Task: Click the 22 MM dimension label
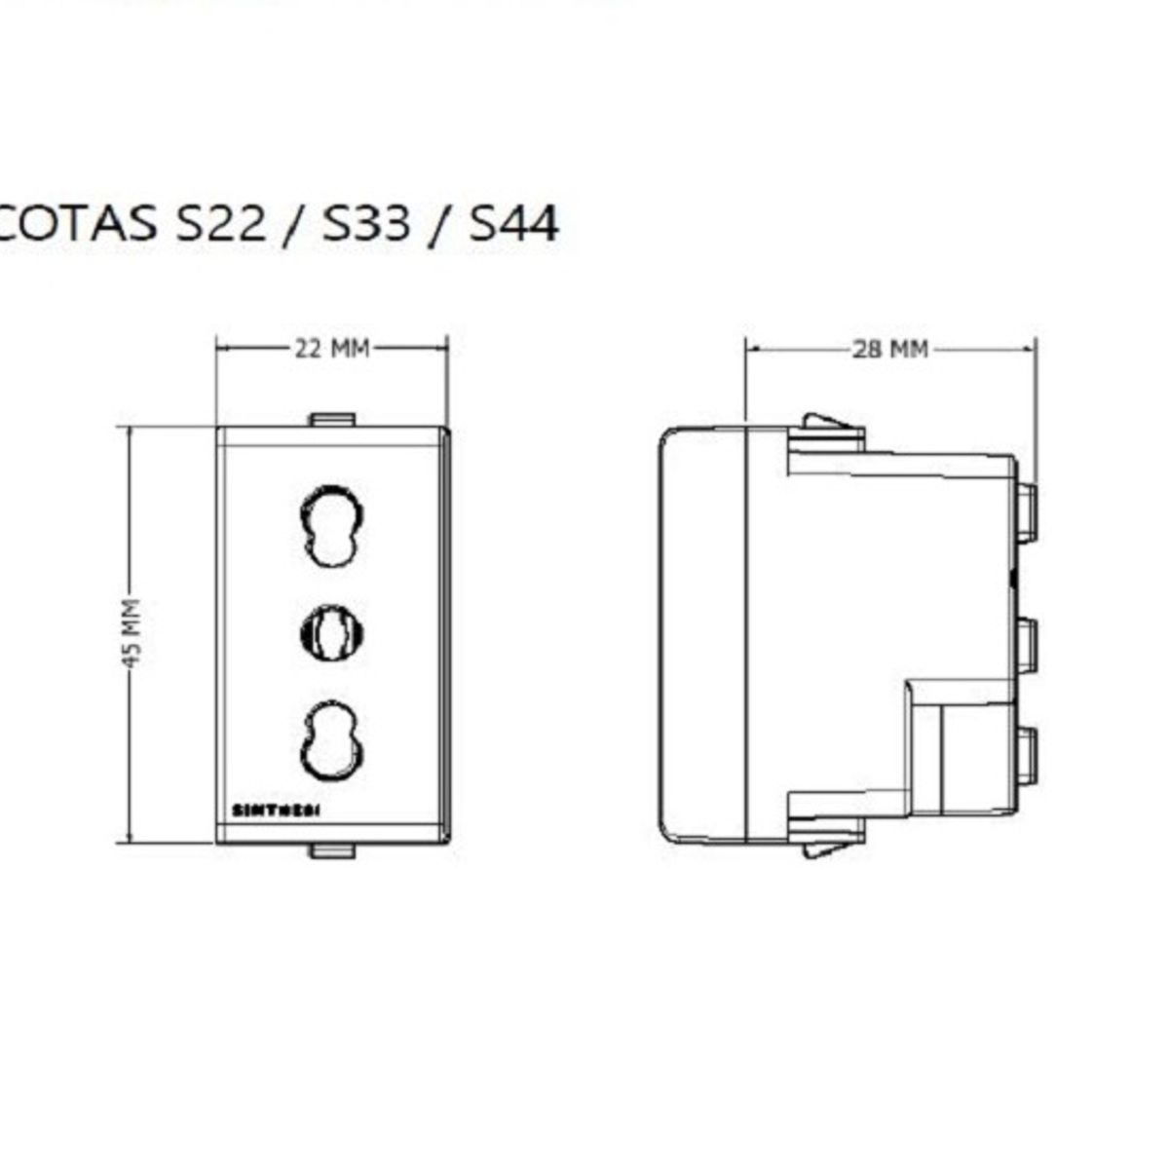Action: tap(332, 348)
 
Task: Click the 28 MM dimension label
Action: tap(890, 349)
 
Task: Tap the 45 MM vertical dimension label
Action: tap(133, 633)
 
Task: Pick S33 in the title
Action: tap(367, 223)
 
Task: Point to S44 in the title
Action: tap(513, 223)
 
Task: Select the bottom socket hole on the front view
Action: tap(331, 740)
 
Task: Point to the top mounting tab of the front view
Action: tap(331, 420)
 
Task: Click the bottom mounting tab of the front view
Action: tap(331, 851)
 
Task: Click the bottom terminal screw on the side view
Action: tap(1025, 755)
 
